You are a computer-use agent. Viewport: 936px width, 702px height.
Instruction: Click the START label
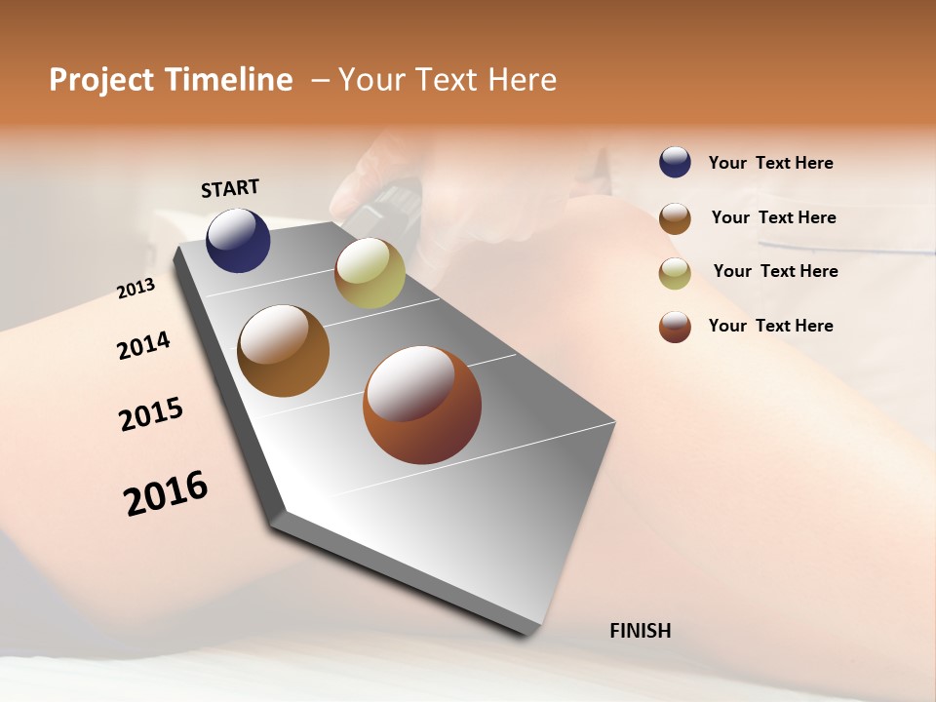pyautogui.click(x=230, y=188)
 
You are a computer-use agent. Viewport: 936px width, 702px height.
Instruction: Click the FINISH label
pyautogui.click(x=640, y=631)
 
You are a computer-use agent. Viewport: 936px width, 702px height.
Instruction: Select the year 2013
pyautogui.click(x=136, y=289)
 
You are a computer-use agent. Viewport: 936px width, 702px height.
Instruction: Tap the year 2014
pyautogui.click(x=143, y=346)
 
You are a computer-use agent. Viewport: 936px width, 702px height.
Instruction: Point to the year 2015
pyautogui.click(x=151, y=414)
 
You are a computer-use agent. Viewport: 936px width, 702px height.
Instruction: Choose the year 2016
pyautogui.click(x=166, y=493)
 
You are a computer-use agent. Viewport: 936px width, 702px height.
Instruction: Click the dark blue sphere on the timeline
pyautogui.click(x=238, y=241)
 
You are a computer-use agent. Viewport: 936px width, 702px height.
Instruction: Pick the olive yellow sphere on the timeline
pyautogui.click(x=370, y=273)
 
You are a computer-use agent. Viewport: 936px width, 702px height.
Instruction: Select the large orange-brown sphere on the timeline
pyautogui.click(x=283, y=351)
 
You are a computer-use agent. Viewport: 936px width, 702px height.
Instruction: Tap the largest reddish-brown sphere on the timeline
pyautogui.click(x=421, y=405)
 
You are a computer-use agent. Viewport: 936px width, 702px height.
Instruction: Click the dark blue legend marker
pyautogui.click(x=675, y=163)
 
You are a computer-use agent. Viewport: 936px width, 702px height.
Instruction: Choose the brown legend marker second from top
pyautogui.click(x=675, y=218)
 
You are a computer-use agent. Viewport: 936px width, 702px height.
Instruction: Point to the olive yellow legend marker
pyautogui.click(x=675, y=273)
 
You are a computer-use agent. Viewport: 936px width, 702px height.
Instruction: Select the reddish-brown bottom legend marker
pyautogui.click(x=675, y=327)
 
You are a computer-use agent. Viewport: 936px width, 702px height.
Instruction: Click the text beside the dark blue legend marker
pyautogui.click(x=770, y=163)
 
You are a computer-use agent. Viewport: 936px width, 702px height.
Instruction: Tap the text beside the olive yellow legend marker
pyautogui.click(x=775, y=271)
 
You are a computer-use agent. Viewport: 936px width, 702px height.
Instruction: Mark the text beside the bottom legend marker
pyautogui.click(x=770, y=326)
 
